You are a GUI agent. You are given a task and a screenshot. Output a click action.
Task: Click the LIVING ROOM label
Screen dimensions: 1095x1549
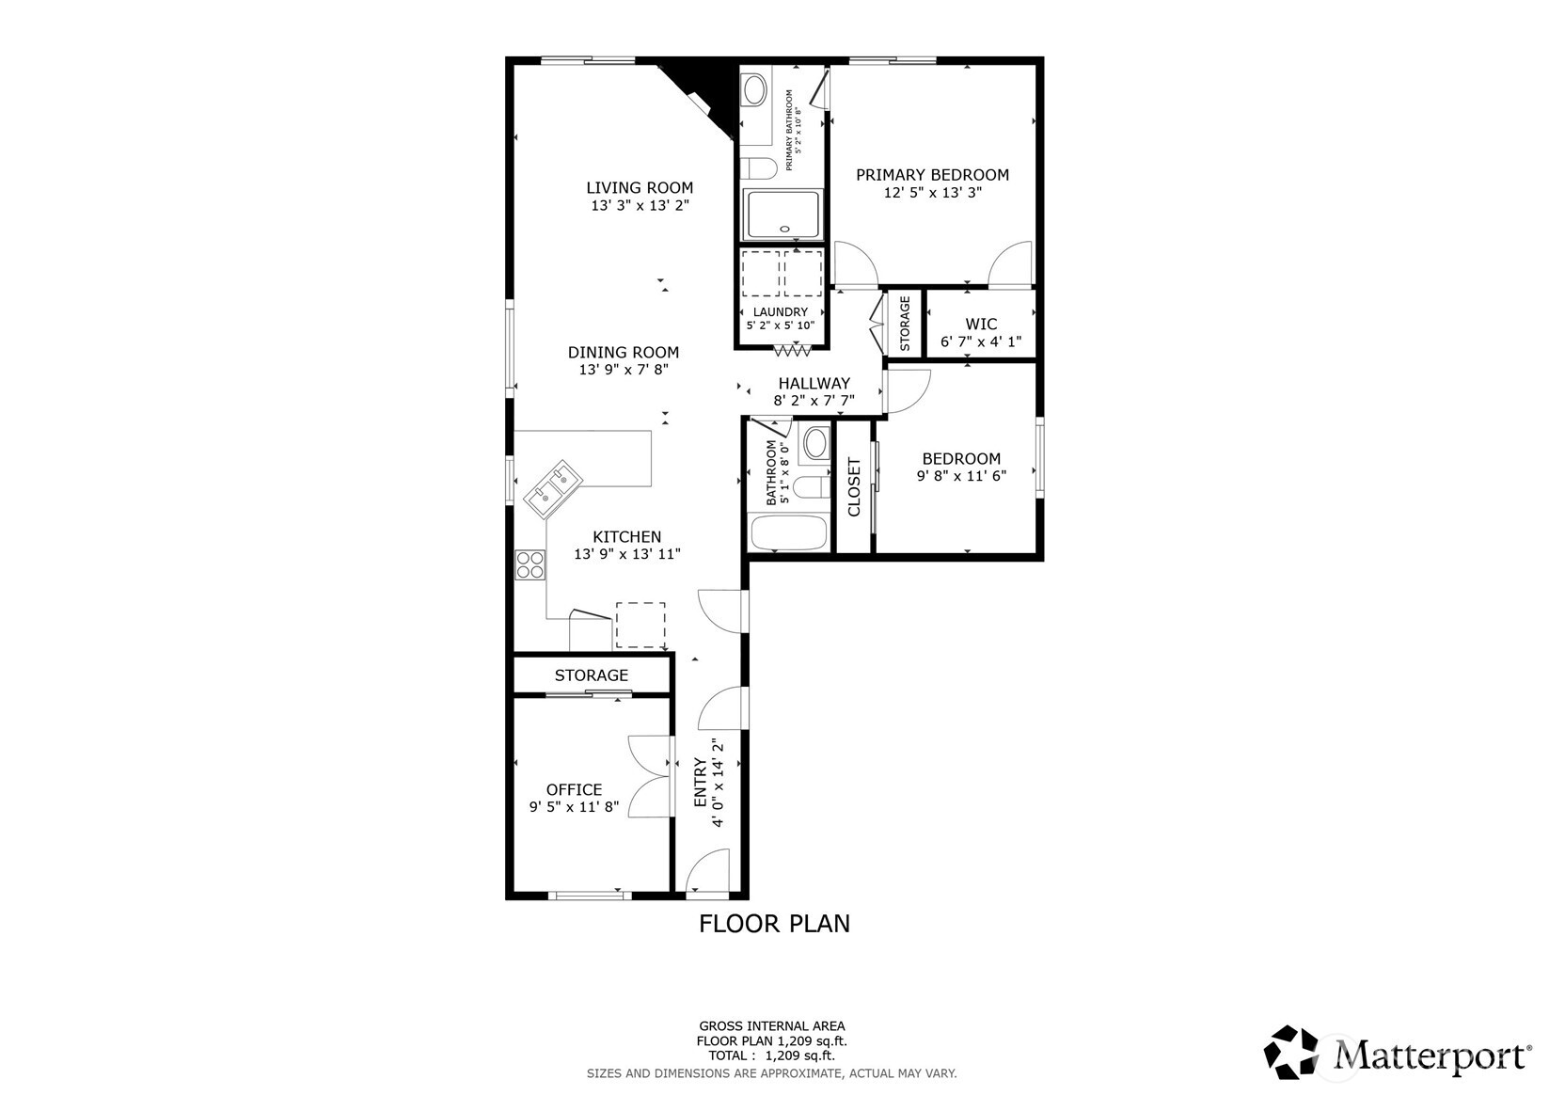pos(640,187)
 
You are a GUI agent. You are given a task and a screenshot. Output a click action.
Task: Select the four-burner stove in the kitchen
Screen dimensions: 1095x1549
pos(530,564)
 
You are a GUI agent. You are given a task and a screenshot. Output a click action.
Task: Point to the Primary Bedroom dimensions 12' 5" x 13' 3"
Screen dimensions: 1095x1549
pos(932,192)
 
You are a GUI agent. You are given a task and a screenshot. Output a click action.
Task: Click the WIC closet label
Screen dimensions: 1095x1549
pos(981,324)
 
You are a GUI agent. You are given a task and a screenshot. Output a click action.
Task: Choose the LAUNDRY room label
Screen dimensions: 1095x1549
pos(780,311)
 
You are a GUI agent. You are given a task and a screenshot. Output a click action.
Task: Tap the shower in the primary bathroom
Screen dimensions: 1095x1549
pos(782,214)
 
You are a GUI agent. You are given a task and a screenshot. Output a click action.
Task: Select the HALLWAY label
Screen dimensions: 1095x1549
pos(814,383)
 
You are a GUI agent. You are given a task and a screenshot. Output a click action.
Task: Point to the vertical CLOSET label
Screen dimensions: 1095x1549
pos(854,487)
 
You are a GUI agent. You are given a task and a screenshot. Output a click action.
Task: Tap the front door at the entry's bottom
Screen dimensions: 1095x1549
pos(708,873)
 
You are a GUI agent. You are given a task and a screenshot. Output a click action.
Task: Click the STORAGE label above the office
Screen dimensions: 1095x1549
pos(591,674)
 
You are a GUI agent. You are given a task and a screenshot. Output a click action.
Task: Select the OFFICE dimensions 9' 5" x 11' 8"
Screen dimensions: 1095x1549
pos(574,806)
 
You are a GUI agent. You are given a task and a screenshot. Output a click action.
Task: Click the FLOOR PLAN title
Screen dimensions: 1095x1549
pos(774,924)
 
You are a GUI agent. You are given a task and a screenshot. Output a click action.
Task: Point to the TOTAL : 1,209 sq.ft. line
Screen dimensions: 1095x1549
pos(771,1055)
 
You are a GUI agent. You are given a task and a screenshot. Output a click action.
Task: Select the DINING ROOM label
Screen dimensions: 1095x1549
pos(623,352)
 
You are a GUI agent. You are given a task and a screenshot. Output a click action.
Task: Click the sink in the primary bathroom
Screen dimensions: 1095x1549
pos(754,91)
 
